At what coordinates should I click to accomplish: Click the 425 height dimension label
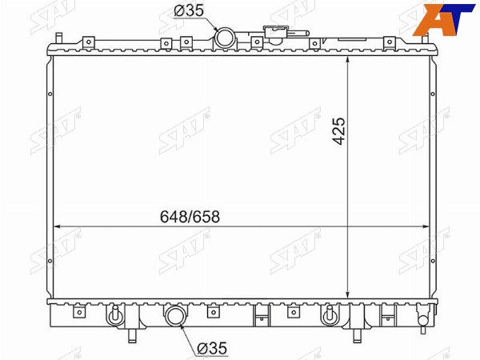(x=339, y=130)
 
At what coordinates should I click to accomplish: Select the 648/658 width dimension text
(x=190, y=217)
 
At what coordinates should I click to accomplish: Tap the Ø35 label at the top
(x=189, y=10)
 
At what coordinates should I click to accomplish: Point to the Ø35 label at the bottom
(x=212, y=348)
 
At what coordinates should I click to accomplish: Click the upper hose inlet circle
(x=225, y=38)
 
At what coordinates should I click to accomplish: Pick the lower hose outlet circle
(x=175, y=316)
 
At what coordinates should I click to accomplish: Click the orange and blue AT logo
(x=444, y=18)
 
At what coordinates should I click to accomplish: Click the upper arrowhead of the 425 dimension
(x=348, y=60)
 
